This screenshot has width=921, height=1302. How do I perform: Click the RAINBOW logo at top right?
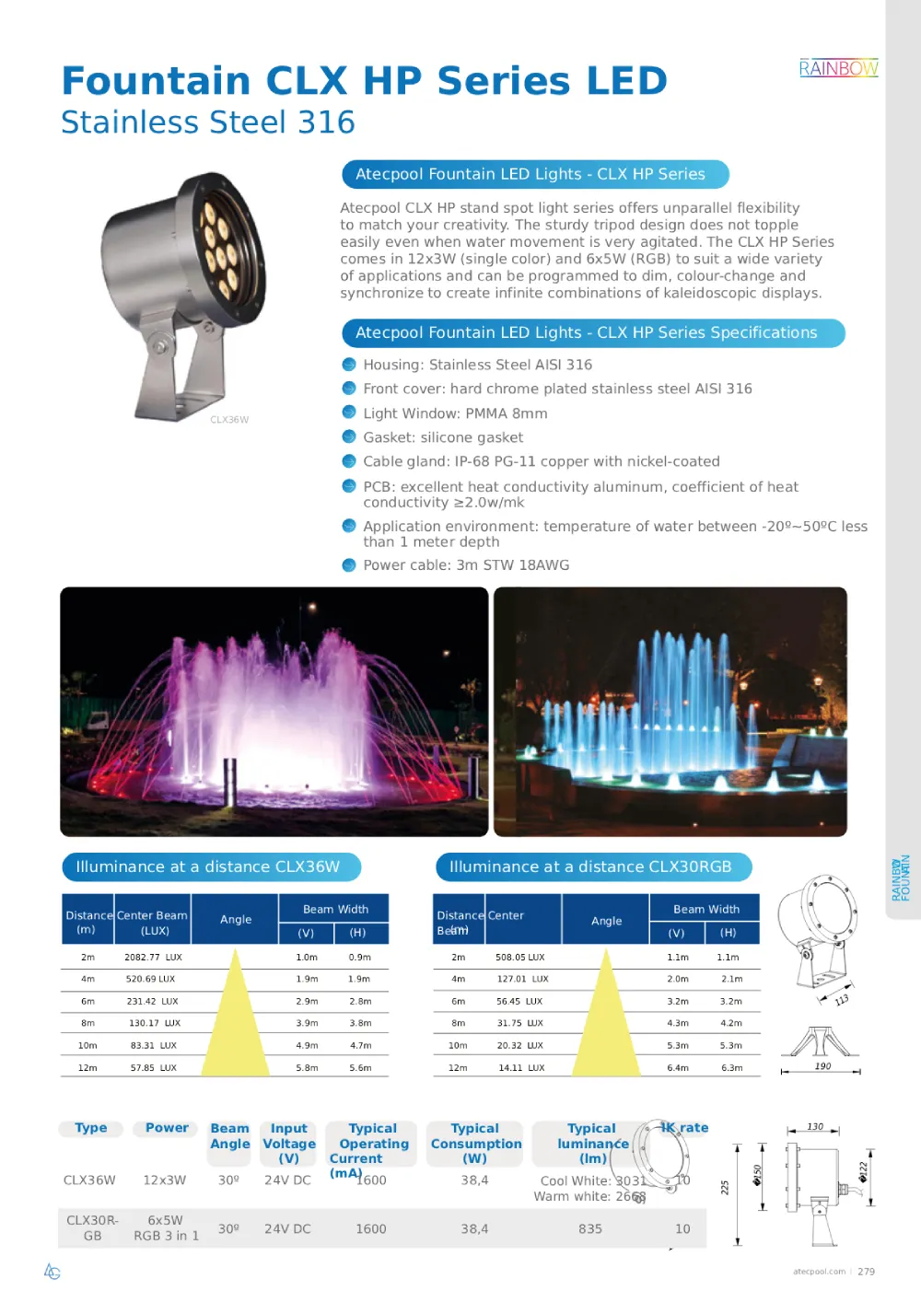(838, 68)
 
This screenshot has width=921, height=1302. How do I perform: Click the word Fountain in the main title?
(156, 81)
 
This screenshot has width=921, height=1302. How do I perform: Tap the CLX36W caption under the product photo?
(229, 420)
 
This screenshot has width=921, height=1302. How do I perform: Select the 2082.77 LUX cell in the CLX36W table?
(153, 958)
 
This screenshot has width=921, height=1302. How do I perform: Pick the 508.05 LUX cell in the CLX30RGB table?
(519, 958)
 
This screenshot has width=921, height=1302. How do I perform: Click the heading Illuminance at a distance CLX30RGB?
(590, 867)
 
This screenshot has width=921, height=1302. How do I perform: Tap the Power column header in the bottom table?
(167, 1128)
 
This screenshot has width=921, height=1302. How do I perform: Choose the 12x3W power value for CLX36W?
(165, 1180)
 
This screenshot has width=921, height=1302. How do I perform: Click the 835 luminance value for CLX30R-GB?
(590, 1229)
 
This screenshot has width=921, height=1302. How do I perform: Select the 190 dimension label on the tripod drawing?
(822, 1066)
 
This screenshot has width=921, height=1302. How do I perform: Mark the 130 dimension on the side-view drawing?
(815, 1126)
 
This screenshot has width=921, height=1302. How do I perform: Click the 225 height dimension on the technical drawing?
(725, 1188)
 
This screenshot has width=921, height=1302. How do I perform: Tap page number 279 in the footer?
(866, 1272)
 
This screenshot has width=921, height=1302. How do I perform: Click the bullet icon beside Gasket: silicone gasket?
(349, 437)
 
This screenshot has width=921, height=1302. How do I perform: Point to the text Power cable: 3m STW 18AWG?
(466, 565)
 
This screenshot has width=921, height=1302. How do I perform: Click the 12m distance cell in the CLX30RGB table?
(458, 1068)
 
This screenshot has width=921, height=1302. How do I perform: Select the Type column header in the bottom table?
(91, 1128)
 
